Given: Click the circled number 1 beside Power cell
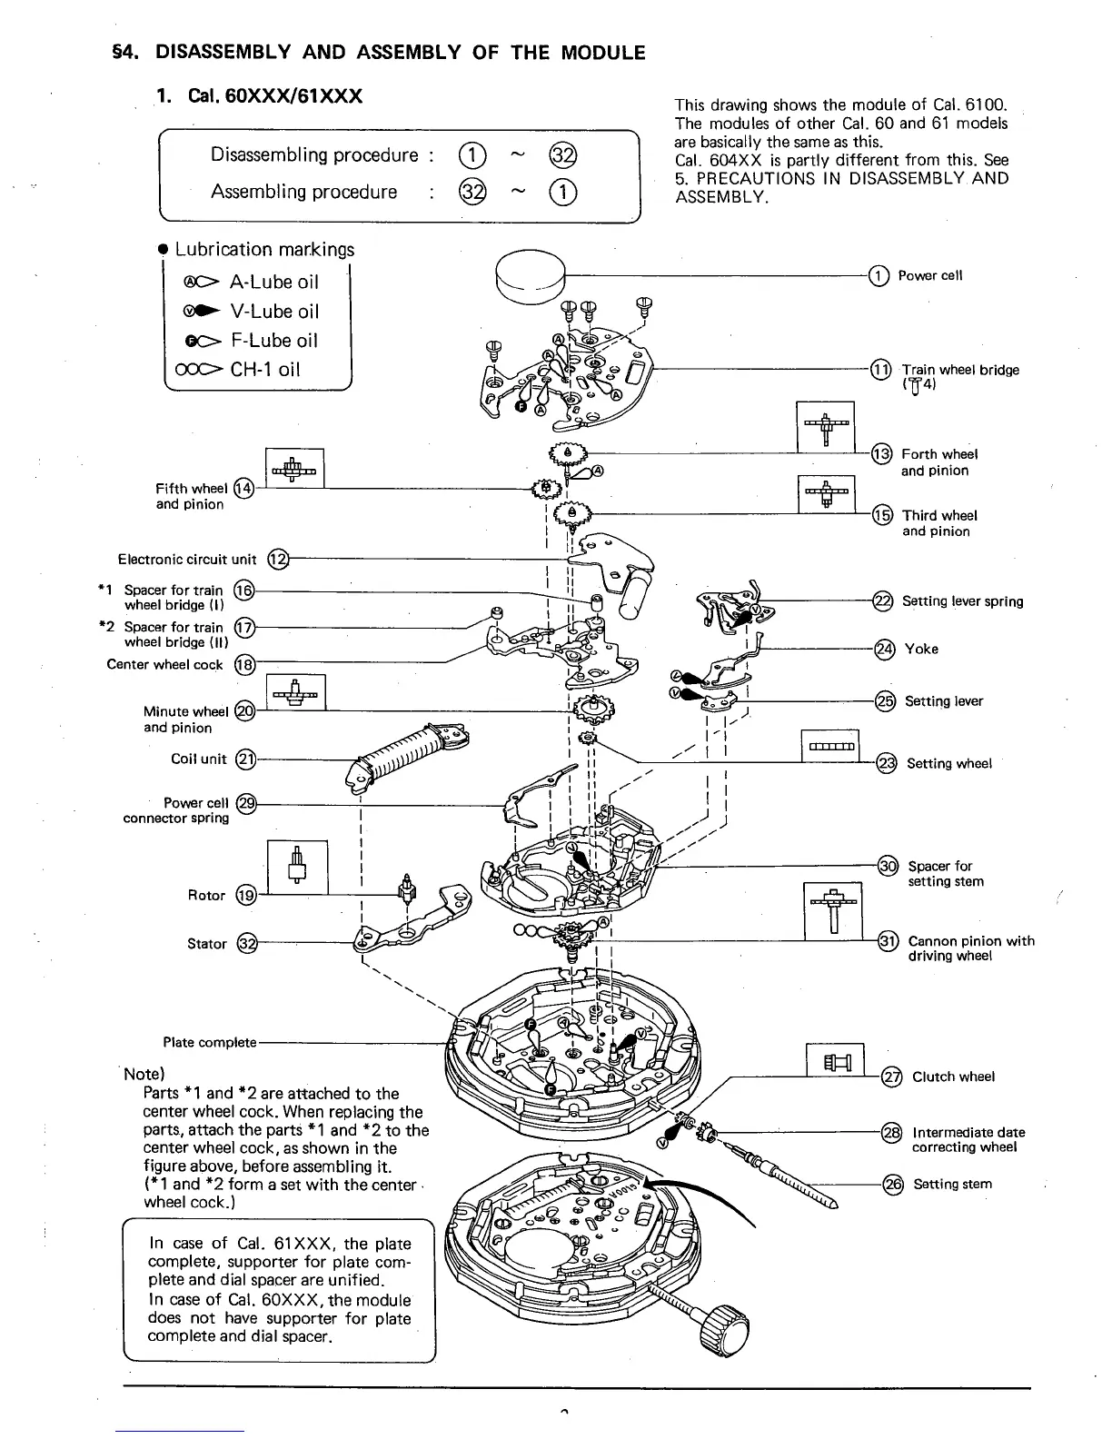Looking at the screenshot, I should (x=879, y=275).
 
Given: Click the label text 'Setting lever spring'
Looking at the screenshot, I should (x=962, y=601).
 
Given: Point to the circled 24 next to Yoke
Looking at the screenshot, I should (x=883, y=649).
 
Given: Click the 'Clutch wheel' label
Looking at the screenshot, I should (x=953, y=1077).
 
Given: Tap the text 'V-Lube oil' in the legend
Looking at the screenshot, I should (x=274, y=312).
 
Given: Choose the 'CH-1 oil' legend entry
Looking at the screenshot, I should (x=265, y=370).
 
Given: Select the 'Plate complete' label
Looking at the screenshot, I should (x=210, y=1042).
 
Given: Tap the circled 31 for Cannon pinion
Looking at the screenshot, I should (x=889, y=941).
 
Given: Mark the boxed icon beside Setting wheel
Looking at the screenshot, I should (x=830, y=748).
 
